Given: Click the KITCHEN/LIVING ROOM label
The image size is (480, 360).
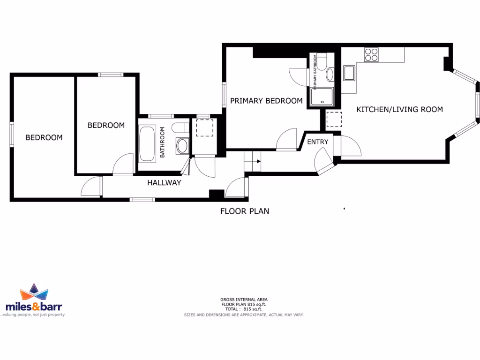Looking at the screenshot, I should (x=399, y=110).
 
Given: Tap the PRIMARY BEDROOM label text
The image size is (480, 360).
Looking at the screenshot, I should (x=266, y=101).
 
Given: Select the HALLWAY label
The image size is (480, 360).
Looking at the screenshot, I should (x=164, y=183).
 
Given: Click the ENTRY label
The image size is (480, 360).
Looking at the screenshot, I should (x=317, y=142).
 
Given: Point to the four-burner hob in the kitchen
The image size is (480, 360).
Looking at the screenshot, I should (x=372, y=55).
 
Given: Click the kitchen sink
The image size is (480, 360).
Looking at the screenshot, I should (x=349, y=73).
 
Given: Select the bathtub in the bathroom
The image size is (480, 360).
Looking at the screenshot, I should (x=148, y=143).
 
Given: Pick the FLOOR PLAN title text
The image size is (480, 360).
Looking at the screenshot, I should (x=245, y=211).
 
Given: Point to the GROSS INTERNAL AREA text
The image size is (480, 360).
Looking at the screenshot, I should (x=244, y=299).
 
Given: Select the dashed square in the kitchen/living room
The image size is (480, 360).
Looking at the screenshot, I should (x=334, y=120).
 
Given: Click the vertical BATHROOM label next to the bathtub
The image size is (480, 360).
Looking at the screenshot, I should (x=163, y=142).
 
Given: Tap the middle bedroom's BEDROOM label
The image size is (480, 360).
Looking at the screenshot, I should (x=106, y=125).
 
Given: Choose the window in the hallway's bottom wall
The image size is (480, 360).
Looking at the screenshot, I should (x=142, y=200).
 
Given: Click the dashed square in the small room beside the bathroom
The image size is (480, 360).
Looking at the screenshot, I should (x=204, y=127).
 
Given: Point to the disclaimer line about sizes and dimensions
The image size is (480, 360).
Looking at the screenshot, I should (x=244, y=315).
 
